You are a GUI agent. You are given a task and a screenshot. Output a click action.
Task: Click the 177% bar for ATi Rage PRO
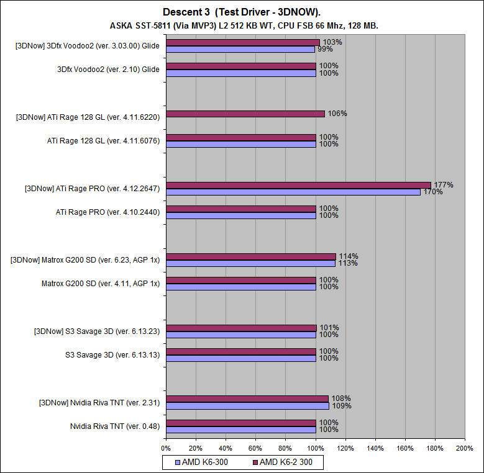(x=298, y=185)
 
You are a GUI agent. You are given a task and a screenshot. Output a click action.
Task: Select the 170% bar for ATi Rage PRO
(x=293, y=192)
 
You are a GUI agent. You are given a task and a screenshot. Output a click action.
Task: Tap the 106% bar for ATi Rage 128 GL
(x=245, y=114)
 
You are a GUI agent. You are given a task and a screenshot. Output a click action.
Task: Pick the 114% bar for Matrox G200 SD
(x=251, y=256)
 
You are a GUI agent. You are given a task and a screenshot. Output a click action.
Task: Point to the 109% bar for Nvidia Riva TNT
(x=247, y=406)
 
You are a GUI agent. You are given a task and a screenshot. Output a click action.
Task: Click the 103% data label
(x=331, y=42)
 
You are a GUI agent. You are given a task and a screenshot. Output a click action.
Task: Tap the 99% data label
(x=324, y=49)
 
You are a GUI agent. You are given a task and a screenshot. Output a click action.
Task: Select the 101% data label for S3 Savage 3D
(x=327, y=328)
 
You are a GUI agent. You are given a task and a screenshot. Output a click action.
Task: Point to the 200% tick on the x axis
(x=465, y=448)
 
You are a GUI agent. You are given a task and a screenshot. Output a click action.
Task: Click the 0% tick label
(x=166, y=448)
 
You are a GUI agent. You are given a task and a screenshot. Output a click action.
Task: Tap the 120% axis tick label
(x=345, y=448)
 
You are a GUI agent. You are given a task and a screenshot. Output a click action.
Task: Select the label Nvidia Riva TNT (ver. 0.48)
(x=115, y=426)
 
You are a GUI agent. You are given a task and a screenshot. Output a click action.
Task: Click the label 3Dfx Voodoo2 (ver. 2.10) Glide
(x=109, y=70)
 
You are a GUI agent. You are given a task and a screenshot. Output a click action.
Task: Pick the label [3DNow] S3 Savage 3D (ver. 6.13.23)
(x=97, y=331)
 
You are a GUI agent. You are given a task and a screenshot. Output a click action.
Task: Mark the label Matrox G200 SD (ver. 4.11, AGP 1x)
(x=101, y=284)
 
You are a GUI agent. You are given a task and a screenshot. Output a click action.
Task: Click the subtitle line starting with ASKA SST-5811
(x=242, y=25)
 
